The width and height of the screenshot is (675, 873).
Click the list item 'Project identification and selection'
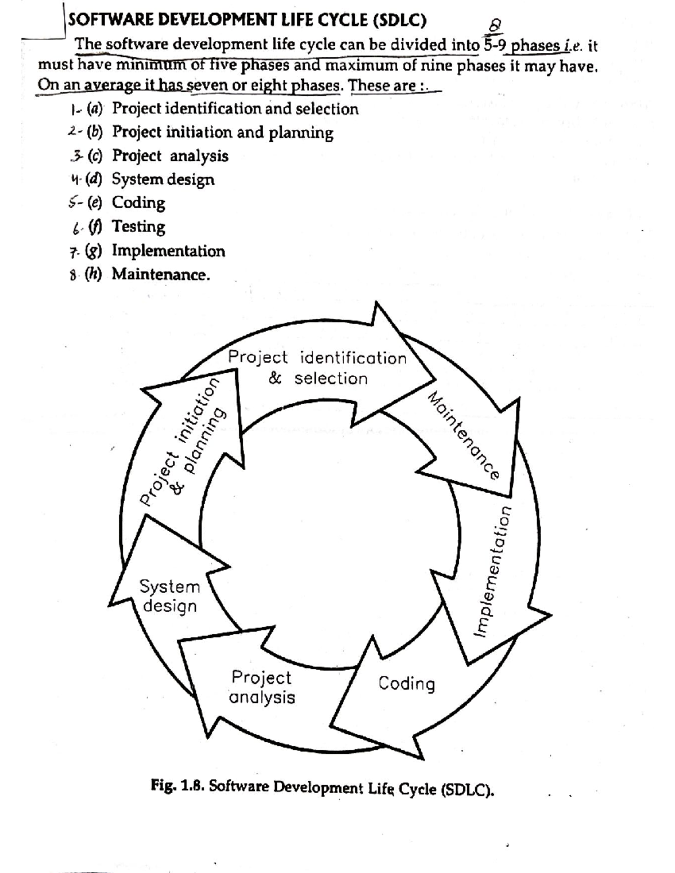coord(235,108)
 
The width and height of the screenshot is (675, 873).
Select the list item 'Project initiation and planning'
coord(223,132)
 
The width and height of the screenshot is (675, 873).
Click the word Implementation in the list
coord(168,251)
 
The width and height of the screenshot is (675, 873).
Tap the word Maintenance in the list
coord(160,274)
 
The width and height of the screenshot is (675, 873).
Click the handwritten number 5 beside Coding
coord(72,202)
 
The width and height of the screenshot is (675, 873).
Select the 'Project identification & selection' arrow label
coord(317,368)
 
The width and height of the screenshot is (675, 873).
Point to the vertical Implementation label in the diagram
coord(494,571)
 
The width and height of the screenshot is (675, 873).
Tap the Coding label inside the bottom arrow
coord(406,684)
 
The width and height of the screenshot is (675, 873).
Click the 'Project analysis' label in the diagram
coord(262,687)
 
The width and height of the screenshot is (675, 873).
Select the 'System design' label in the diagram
coord(169,596)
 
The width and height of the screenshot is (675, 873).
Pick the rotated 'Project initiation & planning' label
coord(183,441)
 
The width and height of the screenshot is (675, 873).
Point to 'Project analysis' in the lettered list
coord(170,156)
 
